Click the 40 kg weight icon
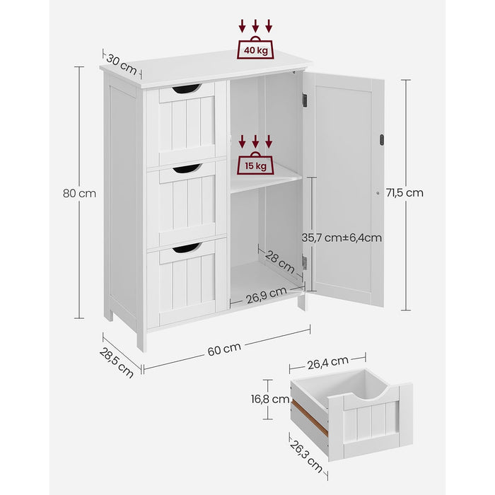tap(255, 47)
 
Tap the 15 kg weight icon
tap(255, 163)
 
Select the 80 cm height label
tap(79, 193)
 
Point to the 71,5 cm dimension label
tap(404, 192)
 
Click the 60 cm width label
tap(224, 349)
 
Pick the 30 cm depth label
tap(122, 64)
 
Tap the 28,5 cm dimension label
tap(117, 362)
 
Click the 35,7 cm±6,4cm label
tap(342, 238)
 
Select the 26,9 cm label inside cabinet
tap(267, 295)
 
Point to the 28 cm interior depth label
tap(280, 262)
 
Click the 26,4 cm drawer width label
tap(327, 362)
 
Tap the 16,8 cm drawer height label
tap(270, 399)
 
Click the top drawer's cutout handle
tap(186, 88)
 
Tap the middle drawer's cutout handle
tap(187, 168)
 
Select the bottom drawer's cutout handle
tap(187, 248)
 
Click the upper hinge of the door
tap(305, 100)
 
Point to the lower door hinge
tap(305, 262)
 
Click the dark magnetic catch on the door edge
tap(381, 140)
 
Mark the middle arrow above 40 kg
tap(255, 26)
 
